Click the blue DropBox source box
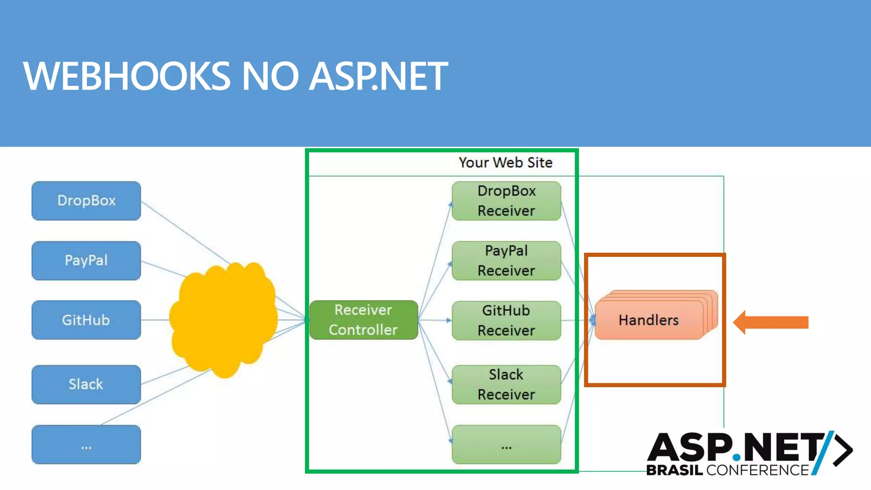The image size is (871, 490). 86,201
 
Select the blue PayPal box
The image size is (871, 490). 86,260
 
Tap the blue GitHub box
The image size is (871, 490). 86,320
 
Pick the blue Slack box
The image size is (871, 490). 86,384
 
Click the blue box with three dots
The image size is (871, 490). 86,444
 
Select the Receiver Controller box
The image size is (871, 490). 364,320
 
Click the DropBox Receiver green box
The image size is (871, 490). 506,201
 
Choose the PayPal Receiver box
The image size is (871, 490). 506,260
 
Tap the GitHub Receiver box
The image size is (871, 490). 506,320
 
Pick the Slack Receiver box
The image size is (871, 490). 506,384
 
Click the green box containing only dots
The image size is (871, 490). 506,444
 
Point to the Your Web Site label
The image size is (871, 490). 505,162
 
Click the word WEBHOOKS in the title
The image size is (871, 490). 127,77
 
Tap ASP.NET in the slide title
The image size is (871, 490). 379,77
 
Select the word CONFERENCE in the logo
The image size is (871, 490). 757,470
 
